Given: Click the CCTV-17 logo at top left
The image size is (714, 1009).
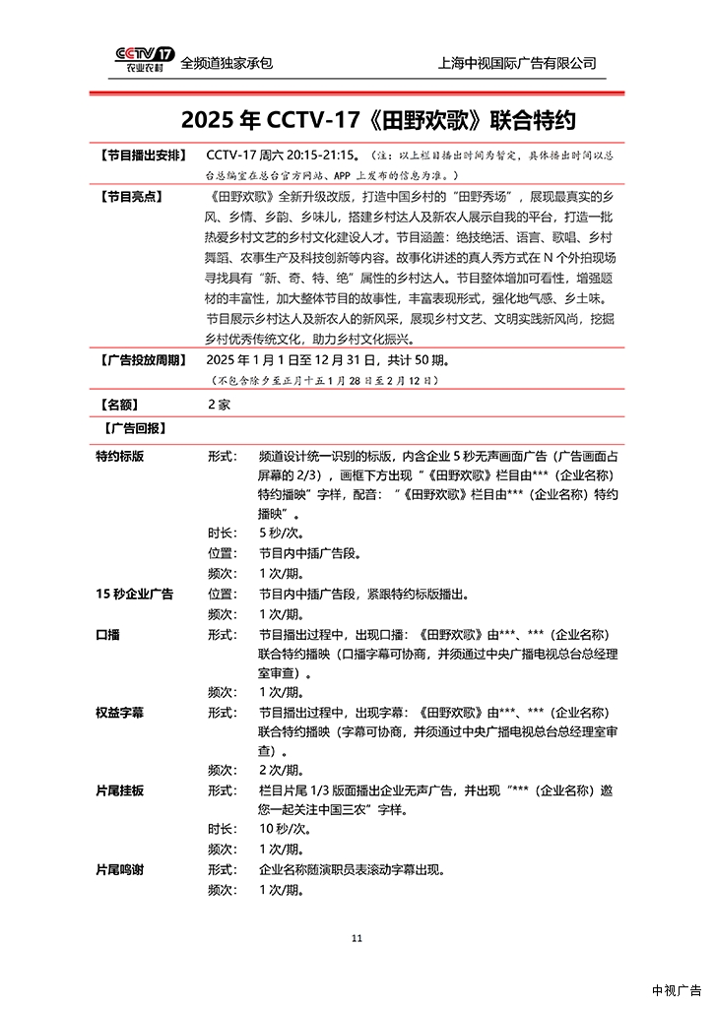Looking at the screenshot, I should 144,61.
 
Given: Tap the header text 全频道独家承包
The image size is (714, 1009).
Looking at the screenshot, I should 227,63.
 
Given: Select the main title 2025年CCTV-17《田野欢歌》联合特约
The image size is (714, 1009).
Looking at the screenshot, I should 378,120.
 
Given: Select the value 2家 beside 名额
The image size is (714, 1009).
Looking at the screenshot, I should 219,404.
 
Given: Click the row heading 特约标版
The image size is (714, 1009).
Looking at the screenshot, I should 120,457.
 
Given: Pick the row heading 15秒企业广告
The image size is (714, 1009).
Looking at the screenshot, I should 134,595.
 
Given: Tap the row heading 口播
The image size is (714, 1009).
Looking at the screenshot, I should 107,635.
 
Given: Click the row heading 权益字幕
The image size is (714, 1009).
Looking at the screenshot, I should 120,712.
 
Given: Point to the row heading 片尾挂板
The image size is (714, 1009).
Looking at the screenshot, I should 120,790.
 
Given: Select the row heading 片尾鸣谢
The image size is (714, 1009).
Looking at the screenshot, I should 120,870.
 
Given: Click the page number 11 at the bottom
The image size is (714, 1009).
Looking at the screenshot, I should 357,937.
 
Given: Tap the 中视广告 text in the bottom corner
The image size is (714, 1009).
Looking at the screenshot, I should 676,990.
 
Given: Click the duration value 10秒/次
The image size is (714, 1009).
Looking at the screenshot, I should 282,830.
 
